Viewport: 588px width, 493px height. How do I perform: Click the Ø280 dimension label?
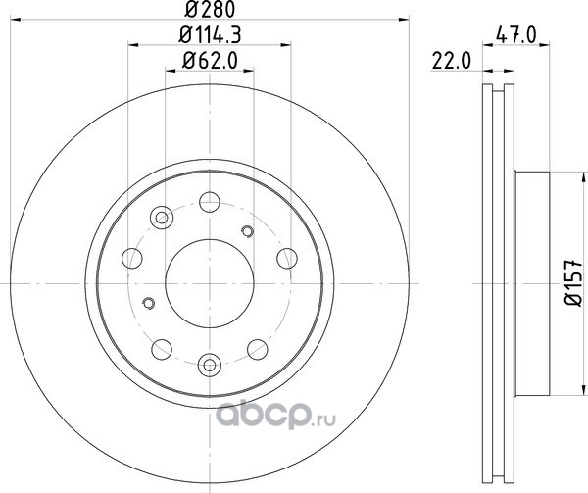pos(210,10)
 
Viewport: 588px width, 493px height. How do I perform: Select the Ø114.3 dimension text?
pos(210,35)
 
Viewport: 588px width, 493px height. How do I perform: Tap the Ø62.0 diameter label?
pos(210,61)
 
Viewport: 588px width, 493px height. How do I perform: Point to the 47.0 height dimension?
pos(516,35)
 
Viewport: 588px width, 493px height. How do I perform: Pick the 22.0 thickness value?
pos(451,61)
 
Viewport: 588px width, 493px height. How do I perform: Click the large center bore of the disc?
pos(210,283)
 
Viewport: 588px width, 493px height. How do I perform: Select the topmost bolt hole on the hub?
pos(210,202)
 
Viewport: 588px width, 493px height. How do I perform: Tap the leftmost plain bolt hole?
pos(132,259)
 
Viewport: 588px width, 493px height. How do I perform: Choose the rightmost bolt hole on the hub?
pos(287,259)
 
